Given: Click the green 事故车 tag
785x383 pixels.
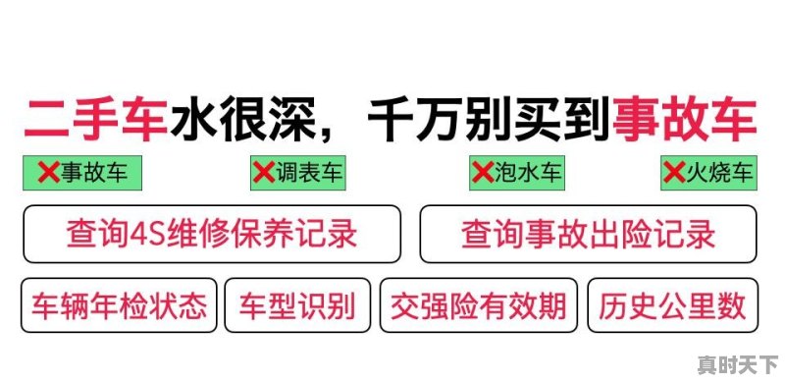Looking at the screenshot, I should pos(82,173).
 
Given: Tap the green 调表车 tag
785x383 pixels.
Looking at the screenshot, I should pos(298,173).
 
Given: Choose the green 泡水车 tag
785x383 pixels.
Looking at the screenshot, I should pos(517,173).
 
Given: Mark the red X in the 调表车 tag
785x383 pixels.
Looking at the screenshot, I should pos(263,174).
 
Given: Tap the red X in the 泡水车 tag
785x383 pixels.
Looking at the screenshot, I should pos(482,174).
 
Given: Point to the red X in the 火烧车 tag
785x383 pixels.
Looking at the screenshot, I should pos(673,174).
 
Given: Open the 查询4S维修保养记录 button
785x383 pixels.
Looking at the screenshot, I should pos(212,235).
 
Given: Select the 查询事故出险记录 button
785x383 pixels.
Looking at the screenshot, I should pos(589,235).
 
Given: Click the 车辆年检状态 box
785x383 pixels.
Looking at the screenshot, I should pos(120,306).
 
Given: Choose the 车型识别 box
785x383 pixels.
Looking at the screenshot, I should pos(297,306).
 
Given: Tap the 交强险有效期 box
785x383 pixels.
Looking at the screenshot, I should pos(479,306).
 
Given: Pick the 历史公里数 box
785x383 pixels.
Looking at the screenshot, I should pos(672,306).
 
